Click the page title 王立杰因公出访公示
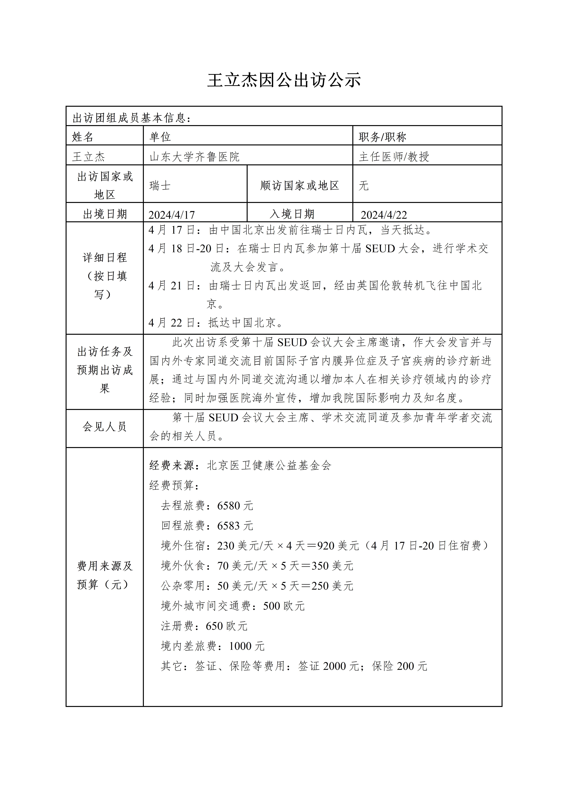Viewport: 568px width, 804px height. pos(284,80)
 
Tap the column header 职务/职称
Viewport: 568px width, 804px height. pos(382,137)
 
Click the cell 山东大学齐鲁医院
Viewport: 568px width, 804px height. pos(195,157)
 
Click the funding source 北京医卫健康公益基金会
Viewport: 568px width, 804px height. pos(269,465)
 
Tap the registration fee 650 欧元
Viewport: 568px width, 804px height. pos(226,626)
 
